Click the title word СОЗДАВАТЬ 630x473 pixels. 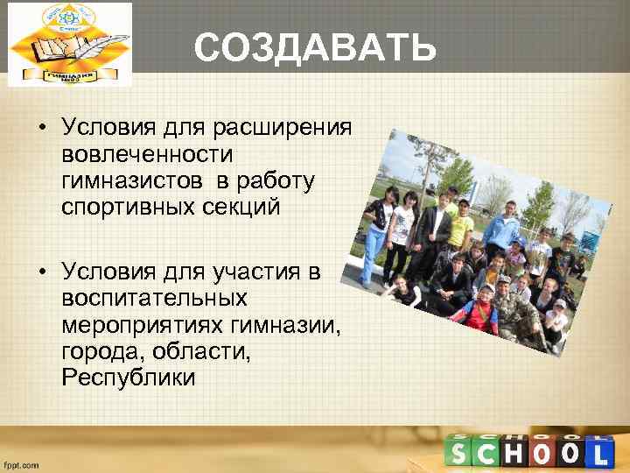point(314,50)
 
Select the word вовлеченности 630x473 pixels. point(147,155)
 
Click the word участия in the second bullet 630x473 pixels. point(258,274)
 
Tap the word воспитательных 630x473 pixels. point(155,299)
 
